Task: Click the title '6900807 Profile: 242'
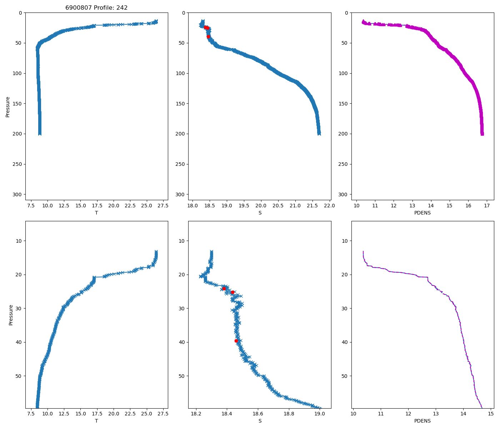96,8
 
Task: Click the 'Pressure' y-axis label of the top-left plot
7,106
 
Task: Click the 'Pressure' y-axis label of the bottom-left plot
11,315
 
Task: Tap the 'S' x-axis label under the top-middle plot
260,213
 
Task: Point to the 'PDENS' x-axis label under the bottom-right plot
422,421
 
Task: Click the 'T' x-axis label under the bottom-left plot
96,421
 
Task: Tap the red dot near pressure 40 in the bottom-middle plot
236,341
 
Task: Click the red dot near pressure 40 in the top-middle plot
208,36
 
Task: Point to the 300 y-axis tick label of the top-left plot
18,194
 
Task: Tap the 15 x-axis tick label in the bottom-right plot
491,414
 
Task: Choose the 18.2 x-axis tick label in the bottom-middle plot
196,414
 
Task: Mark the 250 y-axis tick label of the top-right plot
344,164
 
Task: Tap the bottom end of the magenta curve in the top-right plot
482,134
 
